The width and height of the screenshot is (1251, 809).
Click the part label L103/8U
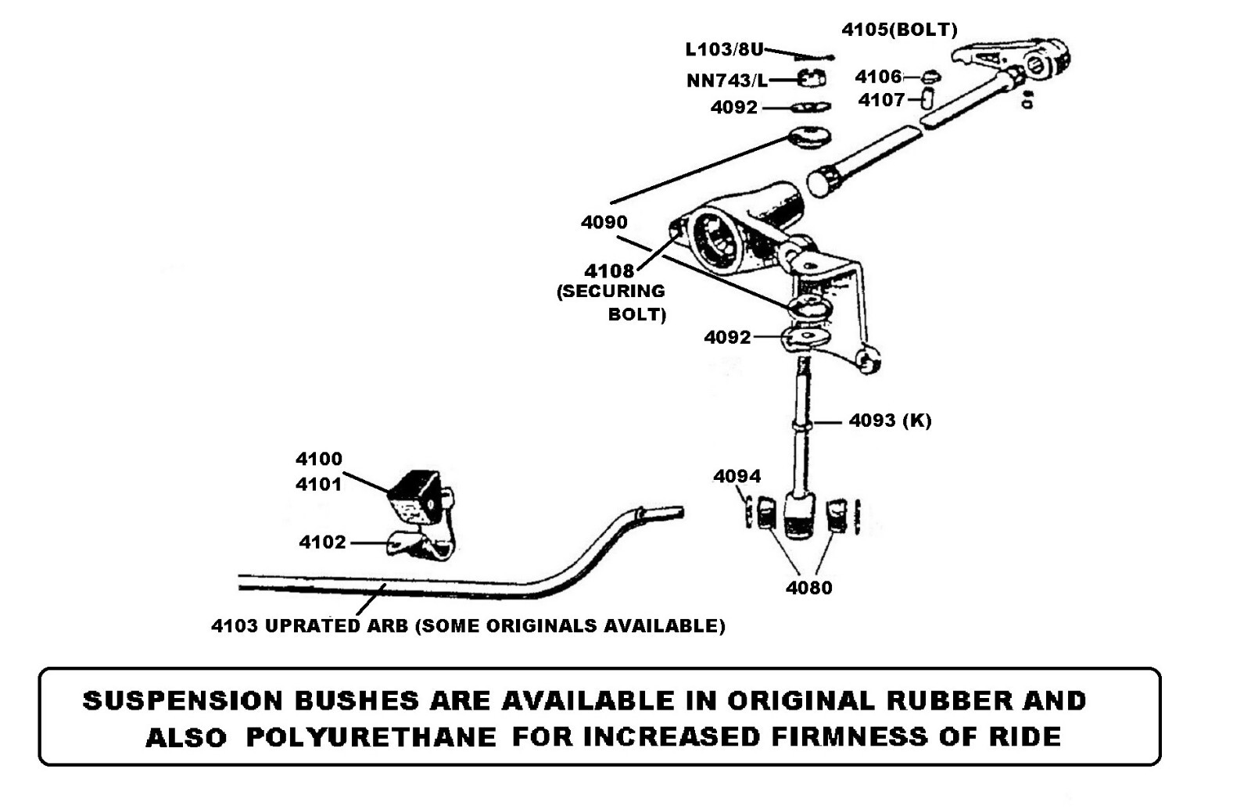(x=723, y=49)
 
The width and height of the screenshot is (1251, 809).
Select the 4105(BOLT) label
(x=899, y=30)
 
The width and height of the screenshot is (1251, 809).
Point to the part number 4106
(x=878, y=77)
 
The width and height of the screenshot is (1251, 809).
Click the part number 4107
(x=881, y=100)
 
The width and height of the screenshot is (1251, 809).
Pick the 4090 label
(x=604, y=223)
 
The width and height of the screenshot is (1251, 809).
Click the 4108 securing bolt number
(x=609, y=271)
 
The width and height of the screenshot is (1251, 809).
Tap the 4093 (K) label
(x=890, y=421)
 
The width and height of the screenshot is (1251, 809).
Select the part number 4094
(x=737, y=476)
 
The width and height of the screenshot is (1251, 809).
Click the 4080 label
(x=808, y=588)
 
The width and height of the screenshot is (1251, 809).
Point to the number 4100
(x=318, y=459)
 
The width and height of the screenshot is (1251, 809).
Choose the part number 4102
(x=322, y=542)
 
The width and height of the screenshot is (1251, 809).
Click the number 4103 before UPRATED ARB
(x=234, y=626)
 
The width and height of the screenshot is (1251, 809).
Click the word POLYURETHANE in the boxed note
(x=371, y=736)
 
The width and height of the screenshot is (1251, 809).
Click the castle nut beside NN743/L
(x=812, y=79)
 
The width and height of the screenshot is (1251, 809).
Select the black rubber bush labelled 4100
(x=414, y=496)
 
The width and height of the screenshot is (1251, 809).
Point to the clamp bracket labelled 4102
(x=421, y=545)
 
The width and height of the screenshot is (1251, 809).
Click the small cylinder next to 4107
(x=927, y=99)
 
